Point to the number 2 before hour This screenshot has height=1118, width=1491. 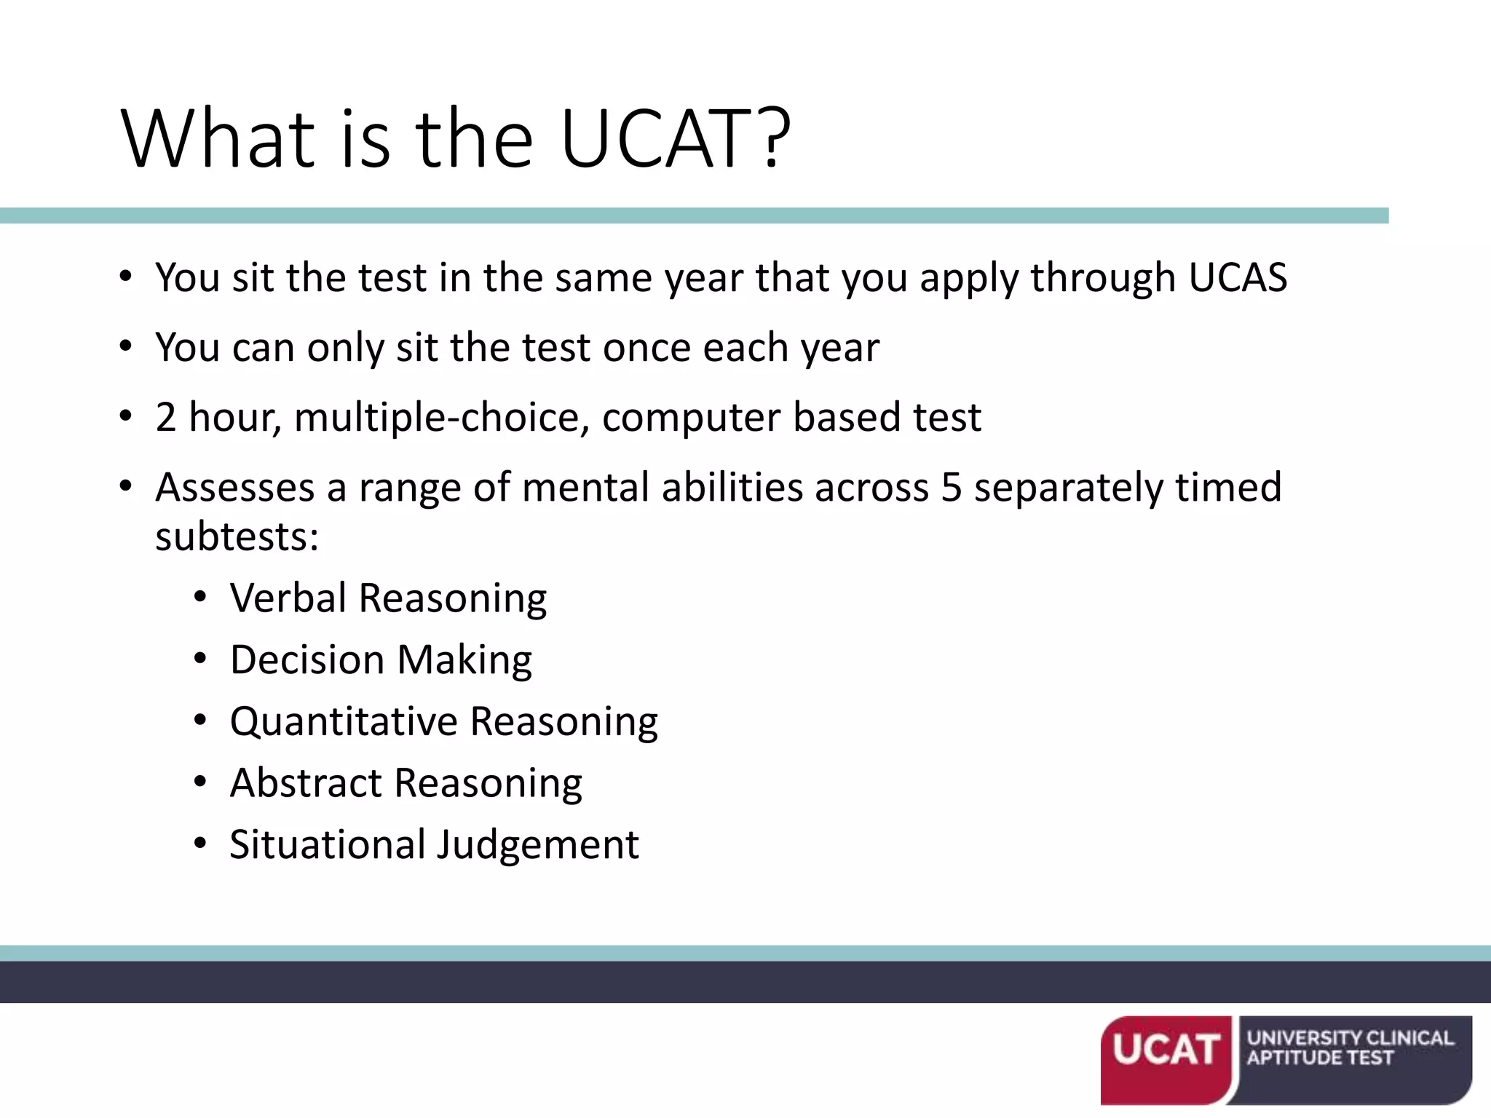point(166,417)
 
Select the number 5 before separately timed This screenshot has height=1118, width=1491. point(952,487)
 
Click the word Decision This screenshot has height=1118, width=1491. point(307,659)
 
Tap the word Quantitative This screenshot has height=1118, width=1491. point(344,721)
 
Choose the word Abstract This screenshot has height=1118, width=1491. point(306,782)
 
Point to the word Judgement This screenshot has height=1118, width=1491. point(538,846)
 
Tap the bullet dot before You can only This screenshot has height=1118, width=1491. point(126,347)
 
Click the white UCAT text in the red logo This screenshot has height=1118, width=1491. point(1166,1050)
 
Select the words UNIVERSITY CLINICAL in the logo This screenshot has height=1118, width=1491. point(1350,1037)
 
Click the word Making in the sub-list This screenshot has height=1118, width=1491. point(464,661)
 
